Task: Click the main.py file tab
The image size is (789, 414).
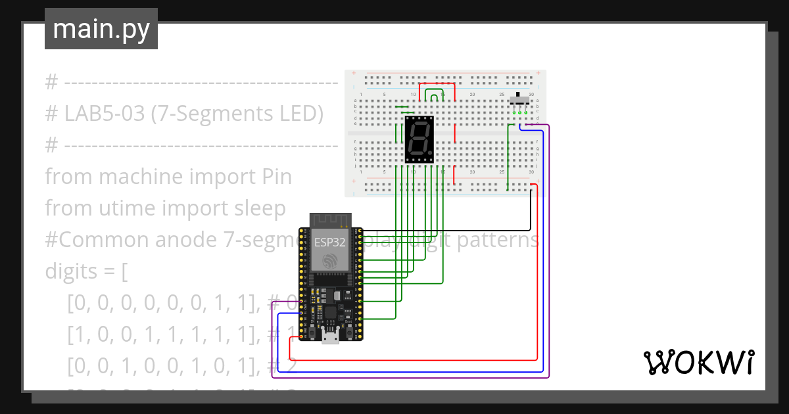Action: tap(101, 29)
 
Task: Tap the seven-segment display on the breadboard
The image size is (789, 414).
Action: tap(419, 139)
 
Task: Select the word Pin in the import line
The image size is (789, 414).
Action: tap(277, 177)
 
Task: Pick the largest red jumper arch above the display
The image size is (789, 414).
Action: tap(437, 84)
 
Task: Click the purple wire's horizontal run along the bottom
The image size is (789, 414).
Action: tap(408, 378)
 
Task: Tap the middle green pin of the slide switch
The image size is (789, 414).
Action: tap(519, 112)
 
